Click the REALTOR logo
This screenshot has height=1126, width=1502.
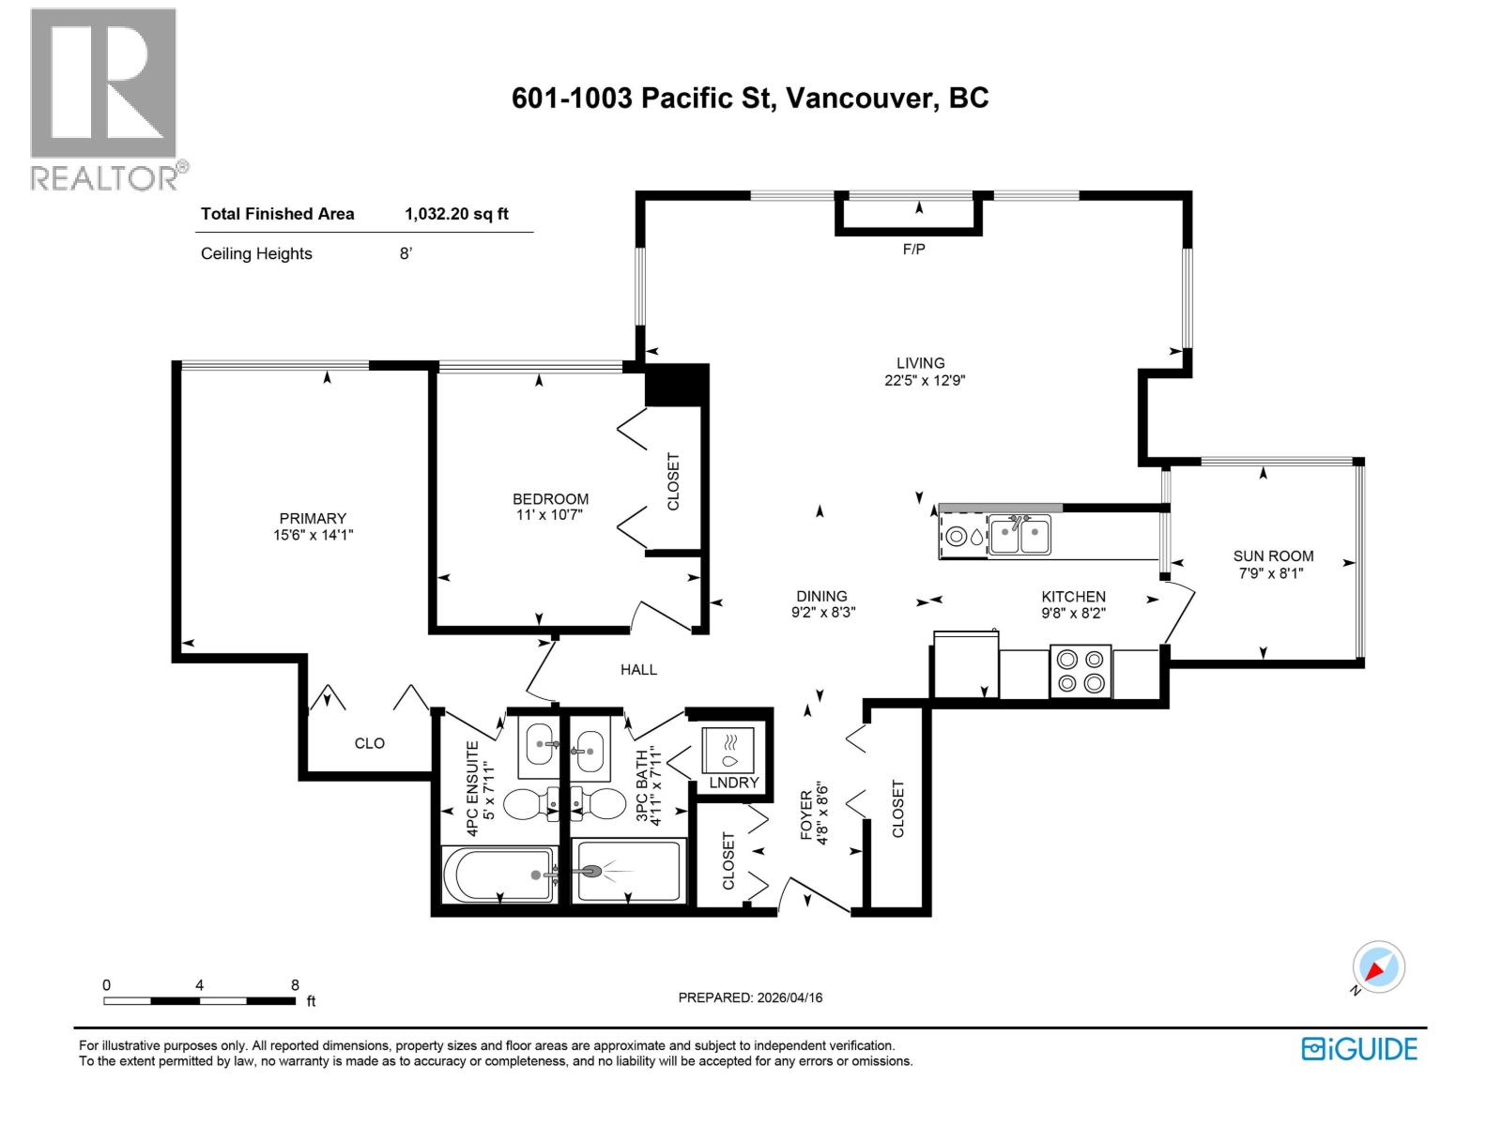click(103, 99)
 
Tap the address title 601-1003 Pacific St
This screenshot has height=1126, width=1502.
click(749, 99)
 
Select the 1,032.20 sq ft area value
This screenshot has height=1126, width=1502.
click(456, 214)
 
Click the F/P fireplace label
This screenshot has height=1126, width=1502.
click(913, 250)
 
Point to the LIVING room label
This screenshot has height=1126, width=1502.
click(920, 363)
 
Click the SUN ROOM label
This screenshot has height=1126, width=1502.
click(1273, 556)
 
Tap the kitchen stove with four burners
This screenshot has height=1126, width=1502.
click(1080, 671)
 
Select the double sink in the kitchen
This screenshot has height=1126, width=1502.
click(1019, 538)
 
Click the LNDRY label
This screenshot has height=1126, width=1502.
click(733, 783)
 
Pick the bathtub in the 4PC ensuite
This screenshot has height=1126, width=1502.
click(498, 875)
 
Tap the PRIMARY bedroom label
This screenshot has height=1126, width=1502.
click(313, 518)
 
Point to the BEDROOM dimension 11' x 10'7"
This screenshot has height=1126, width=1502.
click(550, 515)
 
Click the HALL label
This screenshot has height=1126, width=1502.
click(638, 670)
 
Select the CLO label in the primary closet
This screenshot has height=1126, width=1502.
click(369, 743)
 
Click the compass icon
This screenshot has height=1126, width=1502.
click(1378, 967)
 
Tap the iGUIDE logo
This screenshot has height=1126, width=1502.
click(1358, 1048)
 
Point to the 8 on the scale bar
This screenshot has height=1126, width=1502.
click(295, 985)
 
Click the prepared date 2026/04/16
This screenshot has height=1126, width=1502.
click(789, 997)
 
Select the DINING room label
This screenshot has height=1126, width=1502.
click(821, 596)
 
